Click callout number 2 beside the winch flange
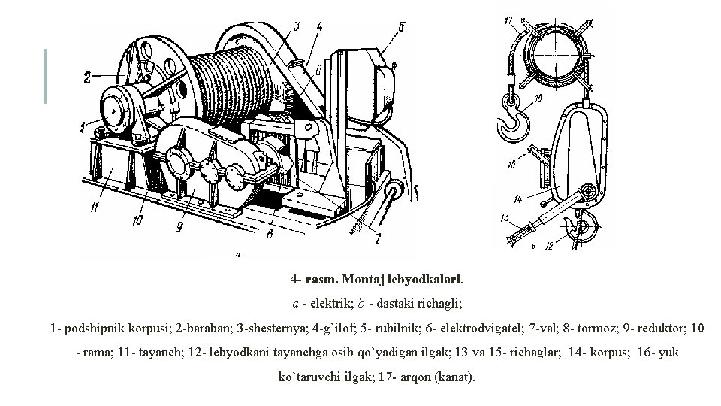pyautogui.click(x=88, y=76)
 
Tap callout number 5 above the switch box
pyautogui.click(x=401, y=27)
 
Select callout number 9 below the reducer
pyautogui.click(x=178, y=225)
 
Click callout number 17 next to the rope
pyautogui.click(x=509, y=20)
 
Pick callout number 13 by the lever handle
pyautogui.click(x=505, y=218)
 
